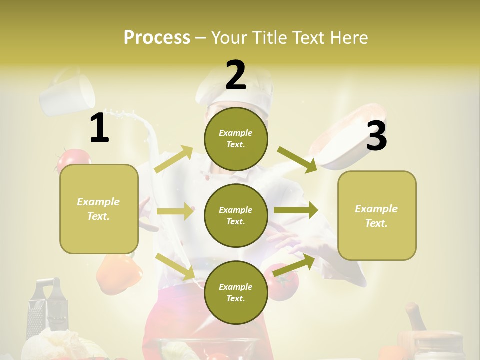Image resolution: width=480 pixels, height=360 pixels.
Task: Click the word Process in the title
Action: point(157,37)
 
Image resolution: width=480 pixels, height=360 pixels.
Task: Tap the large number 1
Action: point(99,128)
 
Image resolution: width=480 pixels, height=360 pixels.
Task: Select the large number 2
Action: point(236,75)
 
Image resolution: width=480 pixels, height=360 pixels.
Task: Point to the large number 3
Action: point(376,136)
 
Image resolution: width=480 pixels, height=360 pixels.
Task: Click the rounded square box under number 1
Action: point(99,209)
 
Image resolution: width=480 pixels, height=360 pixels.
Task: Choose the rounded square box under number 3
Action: point(377,216)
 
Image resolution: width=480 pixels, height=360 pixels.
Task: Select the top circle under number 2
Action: point(236,139)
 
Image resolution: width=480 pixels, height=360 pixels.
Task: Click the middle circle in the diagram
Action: point(236,215)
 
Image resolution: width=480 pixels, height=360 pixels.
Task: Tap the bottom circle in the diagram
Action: point(236,292)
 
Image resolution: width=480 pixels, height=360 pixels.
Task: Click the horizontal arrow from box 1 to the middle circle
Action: point(175,211)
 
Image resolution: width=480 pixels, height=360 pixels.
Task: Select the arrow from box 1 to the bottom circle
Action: point(175,266)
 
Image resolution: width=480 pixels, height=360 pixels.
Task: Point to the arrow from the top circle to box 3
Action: point(297,159)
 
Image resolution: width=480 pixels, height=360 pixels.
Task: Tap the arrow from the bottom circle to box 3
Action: point(294,265)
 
